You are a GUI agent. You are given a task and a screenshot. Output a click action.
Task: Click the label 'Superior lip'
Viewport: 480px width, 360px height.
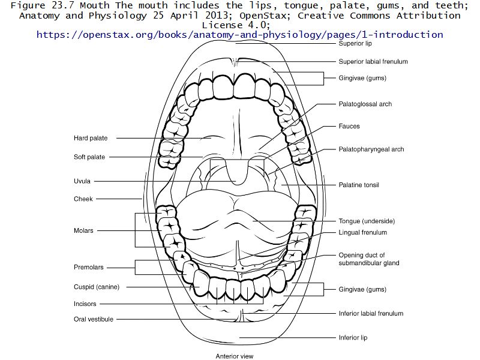click(355, 44)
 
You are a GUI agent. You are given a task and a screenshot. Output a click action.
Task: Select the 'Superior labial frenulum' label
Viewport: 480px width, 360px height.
click(373, 61)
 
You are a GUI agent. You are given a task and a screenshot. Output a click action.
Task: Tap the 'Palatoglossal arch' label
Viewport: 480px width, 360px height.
click(365, 104)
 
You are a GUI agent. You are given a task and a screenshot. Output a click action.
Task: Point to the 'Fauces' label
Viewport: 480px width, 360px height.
click(349, 127)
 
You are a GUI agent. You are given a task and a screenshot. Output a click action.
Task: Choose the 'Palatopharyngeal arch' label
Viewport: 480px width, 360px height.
click(371, 149)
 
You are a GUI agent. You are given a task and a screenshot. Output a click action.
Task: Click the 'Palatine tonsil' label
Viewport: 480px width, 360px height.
click(359, 185)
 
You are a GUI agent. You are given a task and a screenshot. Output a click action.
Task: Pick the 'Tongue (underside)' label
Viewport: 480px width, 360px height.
click(367, 221)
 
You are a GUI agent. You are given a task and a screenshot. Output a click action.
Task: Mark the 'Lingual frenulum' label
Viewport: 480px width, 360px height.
click(362, 232)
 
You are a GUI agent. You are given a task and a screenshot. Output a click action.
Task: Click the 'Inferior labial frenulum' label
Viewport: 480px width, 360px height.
click(371, 313)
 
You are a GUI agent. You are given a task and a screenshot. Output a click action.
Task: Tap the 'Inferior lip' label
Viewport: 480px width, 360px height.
click(353, 338)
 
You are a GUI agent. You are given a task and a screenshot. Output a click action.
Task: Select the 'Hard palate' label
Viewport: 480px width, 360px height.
click(91, 138)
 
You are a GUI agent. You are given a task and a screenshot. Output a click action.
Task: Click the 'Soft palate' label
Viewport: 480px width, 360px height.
click(89, 157)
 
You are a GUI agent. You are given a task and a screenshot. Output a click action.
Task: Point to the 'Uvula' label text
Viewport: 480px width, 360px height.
click(82, 181)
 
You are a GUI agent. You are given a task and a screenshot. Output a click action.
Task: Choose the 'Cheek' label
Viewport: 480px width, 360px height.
click(83, 199)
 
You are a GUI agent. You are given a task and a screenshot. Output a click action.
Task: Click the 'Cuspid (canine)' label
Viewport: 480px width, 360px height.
click(97, 287)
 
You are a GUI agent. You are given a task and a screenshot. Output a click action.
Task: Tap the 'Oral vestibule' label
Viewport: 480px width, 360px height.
click(93, 319)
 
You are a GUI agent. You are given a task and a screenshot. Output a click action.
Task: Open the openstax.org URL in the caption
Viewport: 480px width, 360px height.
click(240, 34)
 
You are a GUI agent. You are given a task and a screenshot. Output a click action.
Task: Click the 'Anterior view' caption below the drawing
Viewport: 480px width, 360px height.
click(235, 356)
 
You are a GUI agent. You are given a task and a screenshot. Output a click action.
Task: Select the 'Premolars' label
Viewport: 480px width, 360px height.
click(89, 267)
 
